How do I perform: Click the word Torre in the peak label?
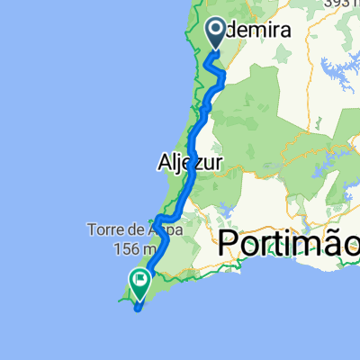[106, 228]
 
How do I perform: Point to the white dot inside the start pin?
[219, 30]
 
